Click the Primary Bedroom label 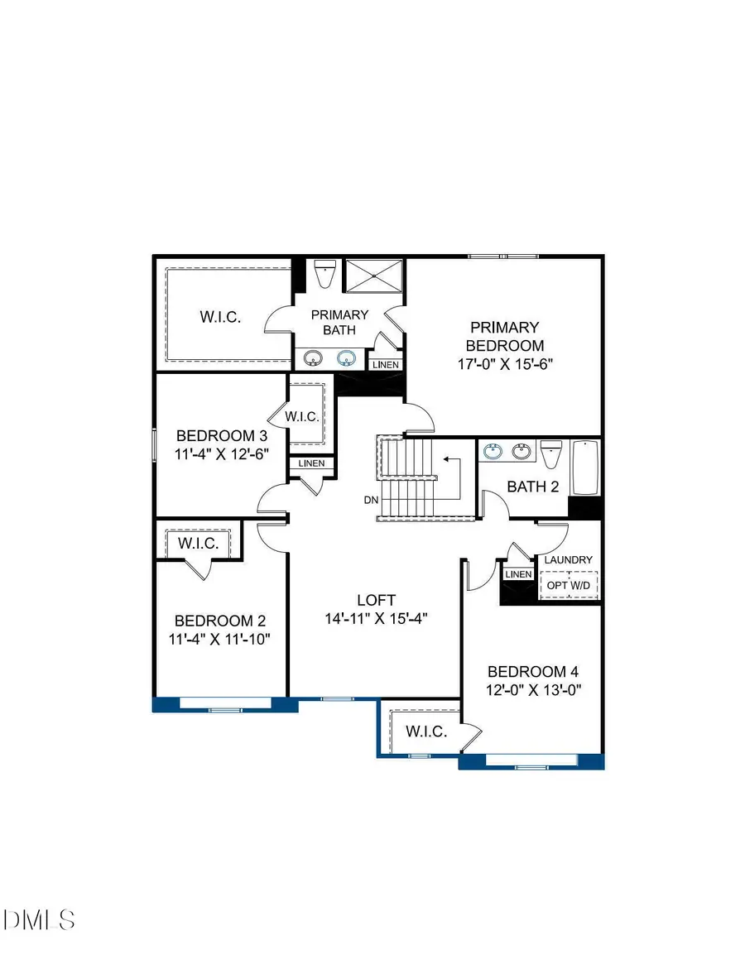click(504, 337)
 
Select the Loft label click(377, 600)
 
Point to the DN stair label click(371, 501)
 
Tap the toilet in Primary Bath click(324, 273)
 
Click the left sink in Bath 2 click(494, 451)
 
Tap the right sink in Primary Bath click(345, 358)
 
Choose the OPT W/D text click(570, 585)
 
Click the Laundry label click(569, 560)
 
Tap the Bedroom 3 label click(223, 435)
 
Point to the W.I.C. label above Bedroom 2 click(199, 544)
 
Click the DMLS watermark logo click(40, 918)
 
